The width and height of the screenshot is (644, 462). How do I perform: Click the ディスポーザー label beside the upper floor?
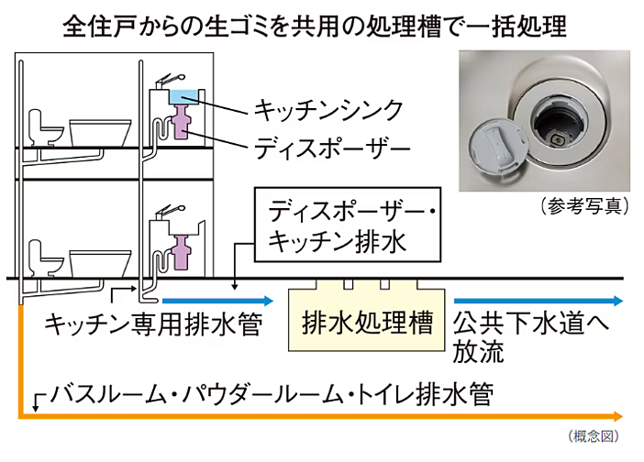pyautogui.click(x=328, y=147)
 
